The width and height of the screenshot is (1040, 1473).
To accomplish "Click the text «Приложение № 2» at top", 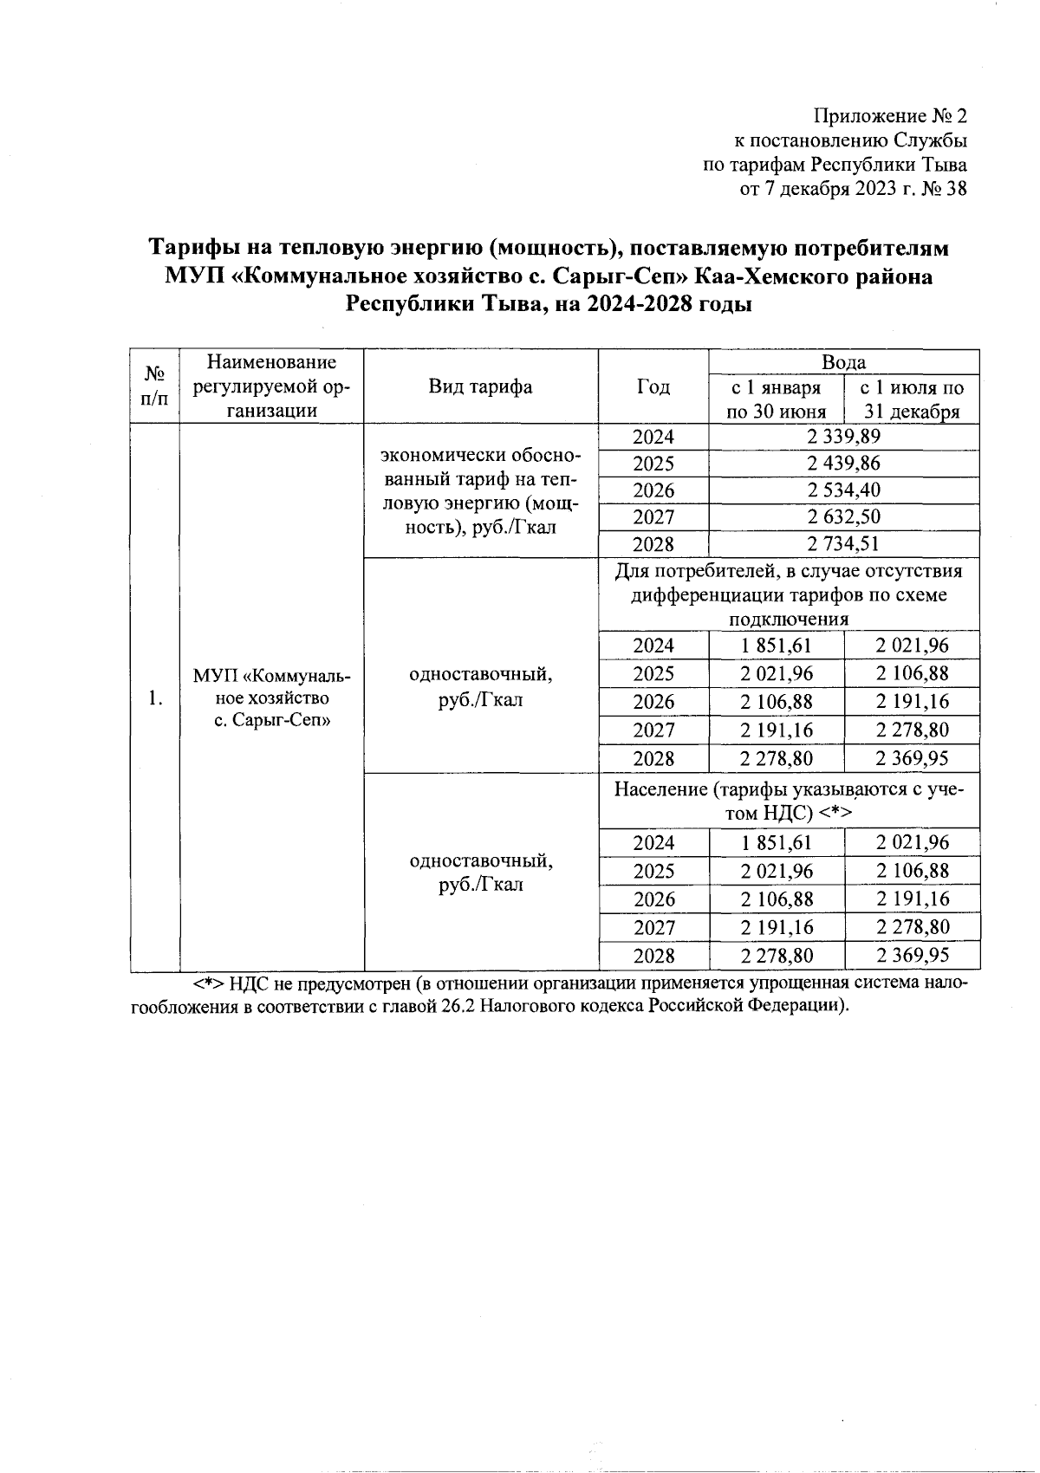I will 890,116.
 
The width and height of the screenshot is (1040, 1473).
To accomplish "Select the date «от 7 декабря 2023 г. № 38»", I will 853,189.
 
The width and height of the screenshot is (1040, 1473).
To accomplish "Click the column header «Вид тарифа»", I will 480,386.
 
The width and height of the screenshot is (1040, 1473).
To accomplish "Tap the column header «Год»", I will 653,386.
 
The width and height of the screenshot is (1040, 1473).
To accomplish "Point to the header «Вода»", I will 843,362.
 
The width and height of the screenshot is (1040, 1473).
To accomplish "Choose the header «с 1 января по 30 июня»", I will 775,399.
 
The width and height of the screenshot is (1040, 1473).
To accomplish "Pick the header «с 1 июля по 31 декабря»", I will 911,399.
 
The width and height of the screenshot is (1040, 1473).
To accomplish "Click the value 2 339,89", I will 843,437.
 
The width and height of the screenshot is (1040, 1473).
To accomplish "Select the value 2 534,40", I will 843,490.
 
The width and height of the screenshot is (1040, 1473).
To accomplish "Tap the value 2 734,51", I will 843,544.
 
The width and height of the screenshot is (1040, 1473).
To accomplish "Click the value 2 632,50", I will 843,517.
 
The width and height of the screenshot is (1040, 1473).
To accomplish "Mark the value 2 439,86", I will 843,464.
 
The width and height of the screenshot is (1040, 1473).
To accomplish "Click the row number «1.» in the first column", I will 155,698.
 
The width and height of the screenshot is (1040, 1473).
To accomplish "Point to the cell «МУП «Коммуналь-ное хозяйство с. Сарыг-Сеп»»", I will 271,698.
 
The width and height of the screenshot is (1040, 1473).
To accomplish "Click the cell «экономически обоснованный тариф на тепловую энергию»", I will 480,491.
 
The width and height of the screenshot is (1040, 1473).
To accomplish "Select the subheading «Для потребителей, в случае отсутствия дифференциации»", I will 789,595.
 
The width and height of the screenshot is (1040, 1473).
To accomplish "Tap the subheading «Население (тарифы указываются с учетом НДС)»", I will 789,801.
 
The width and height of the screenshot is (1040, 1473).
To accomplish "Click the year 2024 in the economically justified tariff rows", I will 653,437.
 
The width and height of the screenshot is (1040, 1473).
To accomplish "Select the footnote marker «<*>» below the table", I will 208,985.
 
